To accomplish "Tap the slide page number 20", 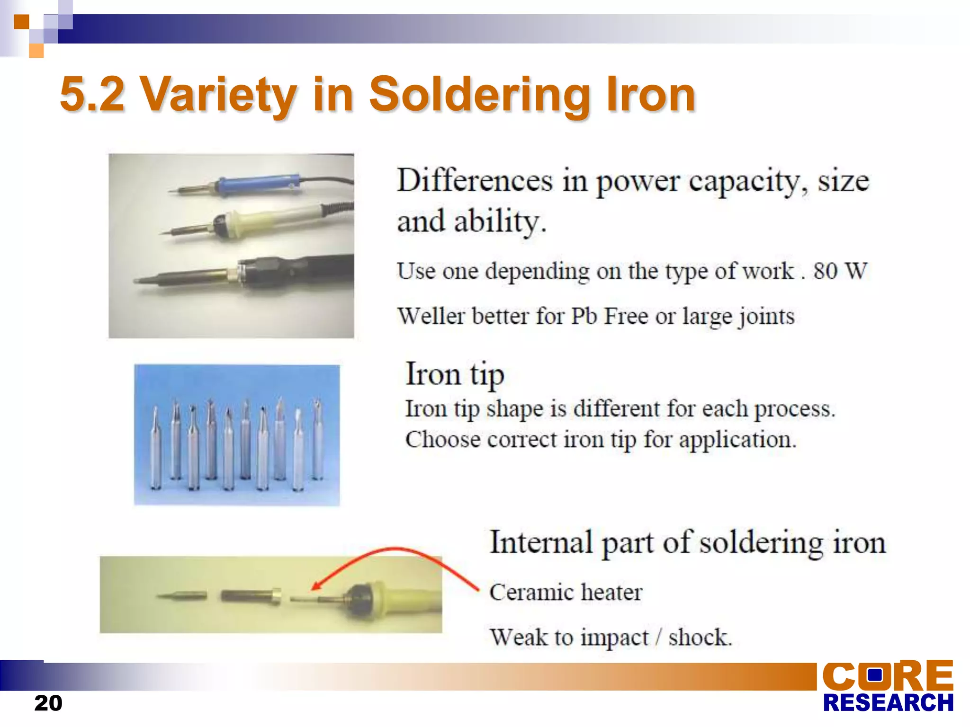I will [48, 703].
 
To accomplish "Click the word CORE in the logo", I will [888, 675].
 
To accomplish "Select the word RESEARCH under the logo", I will [888, 703].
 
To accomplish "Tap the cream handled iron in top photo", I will [265, 220].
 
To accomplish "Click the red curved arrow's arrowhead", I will [315, 587].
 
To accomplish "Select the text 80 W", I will [840, 271].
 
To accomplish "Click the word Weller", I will [431, 316].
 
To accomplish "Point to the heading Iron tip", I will [455, 375].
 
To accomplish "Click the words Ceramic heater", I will [566, 593].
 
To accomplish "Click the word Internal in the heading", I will [541, 542].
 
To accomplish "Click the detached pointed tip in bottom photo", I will [182, 595].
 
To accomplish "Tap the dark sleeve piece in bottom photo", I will [249, 595].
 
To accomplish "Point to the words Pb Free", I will [609, 316].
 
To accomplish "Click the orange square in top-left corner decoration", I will [21, 22].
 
